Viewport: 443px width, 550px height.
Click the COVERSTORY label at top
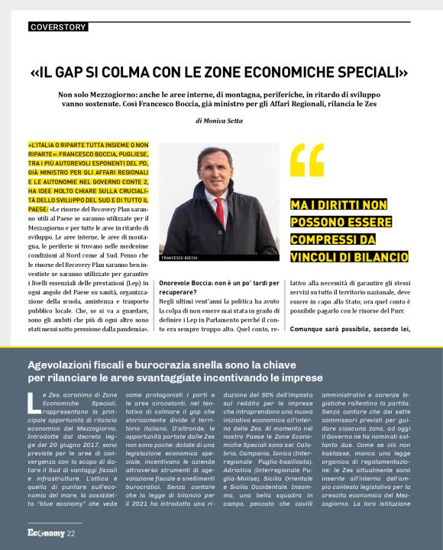click(x=57, y=27)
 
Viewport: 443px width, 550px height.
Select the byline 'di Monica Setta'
click(x=221, y=121)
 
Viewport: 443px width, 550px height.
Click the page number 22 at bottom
click(x=70, y=532)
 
